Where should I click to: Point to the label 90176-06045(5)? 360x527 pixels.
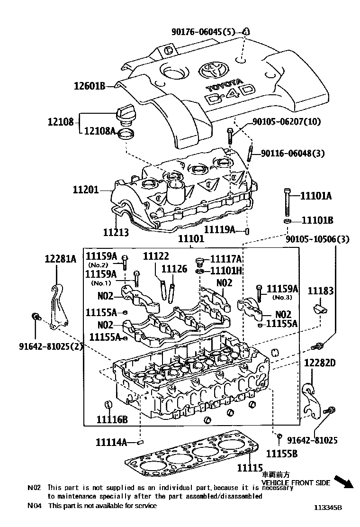coord(206,32)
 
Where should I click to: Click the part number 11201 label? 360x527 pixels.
coord(86,190)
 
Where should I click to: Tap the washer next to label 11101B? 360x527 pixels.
coord(287,221)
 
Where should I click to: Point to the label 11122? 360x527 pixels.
coord(156,256)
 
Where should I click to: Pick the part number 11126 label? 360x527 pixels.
coord(174,269)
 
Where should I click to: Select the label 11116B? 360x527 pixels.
coord(112,419)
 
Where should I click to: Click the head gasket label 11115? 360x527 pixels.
coord(250,467)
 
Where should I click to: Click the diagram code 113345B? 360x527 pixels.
coord(327,507)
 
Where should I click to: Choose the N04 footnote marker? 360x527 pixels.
coord(35,506)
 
